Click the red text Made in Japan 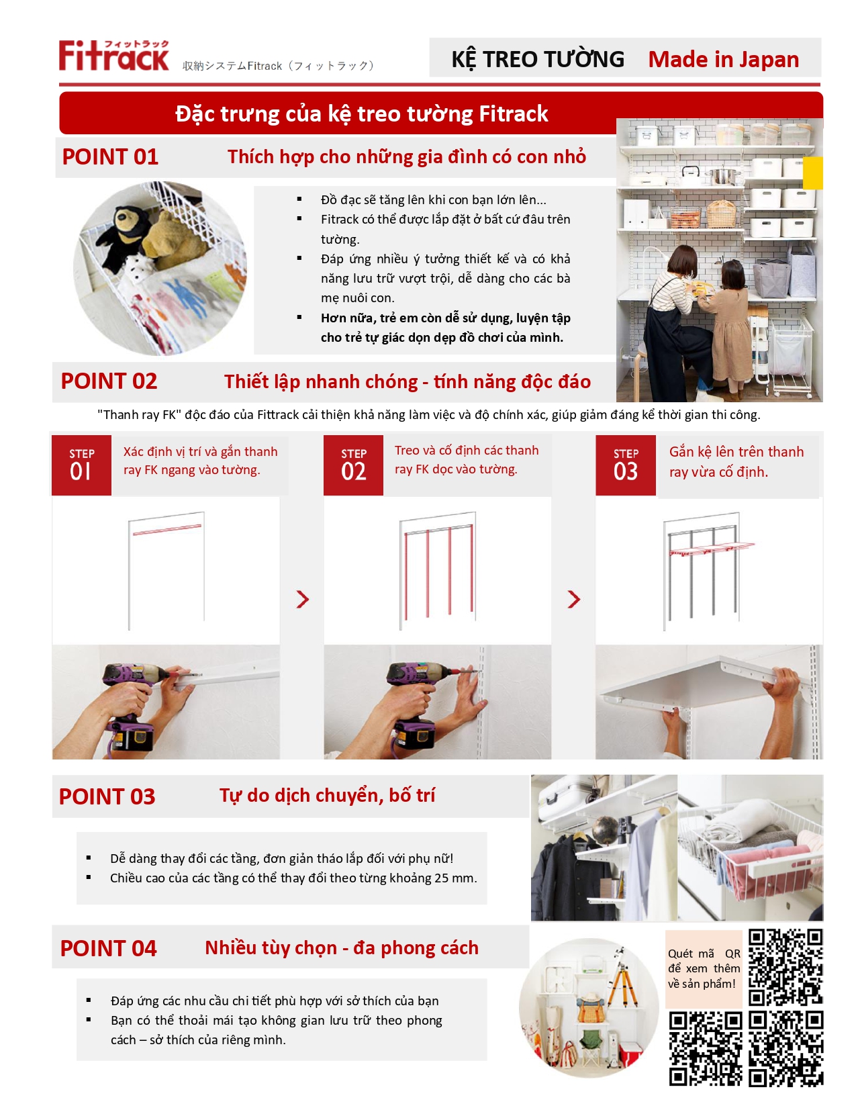point(723,59)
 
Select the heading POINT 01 point(110,156)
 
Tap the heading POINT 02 point(109,381)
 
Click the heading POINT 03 point(107,796)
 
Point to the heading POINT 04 point(109,948)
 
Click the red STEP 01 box point(82,465)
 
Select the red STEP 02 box point(353,465)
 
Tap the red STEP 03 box point(626,465)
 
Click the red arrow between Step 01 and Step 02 point(303,599)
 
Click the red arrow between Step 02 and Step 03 point(574,599)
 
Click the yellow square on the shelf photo point(812,173)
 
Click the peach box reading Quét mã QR point(704,969)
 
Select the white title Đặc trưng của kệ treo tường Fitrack point(361,113)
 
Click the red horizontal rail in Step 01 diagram point(167,529)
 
